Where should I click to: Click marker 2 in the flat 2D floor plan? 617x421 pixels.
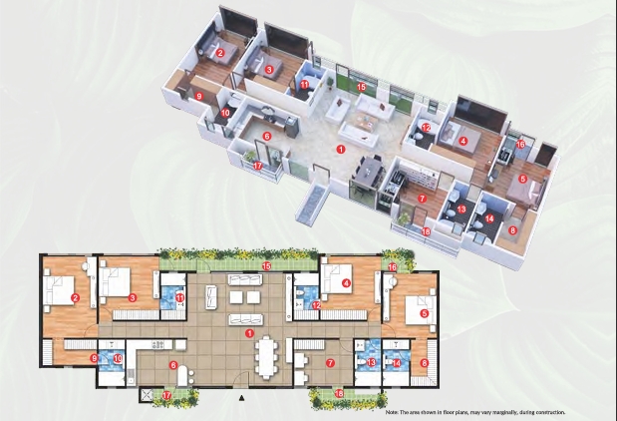[75, 296]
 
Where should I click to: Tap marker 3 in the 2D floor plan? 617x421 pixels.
[132, 297]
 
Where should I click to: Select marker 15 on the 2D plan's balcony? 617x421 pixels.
[266, 266]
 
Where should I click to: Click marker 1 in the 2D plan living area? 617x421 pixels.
[251, 332]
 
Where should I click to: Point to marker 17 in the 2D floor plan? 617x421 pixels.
[167, 395]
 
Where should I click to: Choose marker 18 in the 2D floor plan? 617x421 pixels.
[340, 394]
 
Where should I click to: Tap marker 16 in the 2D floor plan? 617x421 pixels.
[393, 267]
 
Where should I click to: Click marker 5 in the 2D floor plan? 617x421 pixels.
[424, 313]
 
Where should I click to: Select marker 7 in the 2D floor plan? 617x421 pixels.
[329, 363]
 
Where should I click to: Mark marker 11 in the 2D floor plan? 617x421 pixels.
[180, 297]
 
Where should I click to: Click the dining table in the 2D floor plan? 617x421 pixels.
[268, 356]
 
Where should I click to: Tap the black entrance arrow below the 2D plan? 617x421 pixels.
[242, 397]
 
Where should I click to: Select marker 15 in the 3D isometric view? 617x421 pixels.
[362, 88]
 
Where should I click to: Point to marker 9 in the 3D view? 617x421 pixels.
[198, 95]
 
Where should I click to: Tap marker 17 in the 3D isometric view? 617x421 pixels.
[257, 166]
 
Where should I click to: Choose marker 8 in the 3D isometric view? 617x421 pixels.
[514, 229]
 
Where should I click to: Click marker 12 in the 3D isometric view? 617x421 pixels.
[425, 128]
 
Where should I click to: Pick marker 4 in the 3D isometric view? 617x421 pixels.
[463, 142]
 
